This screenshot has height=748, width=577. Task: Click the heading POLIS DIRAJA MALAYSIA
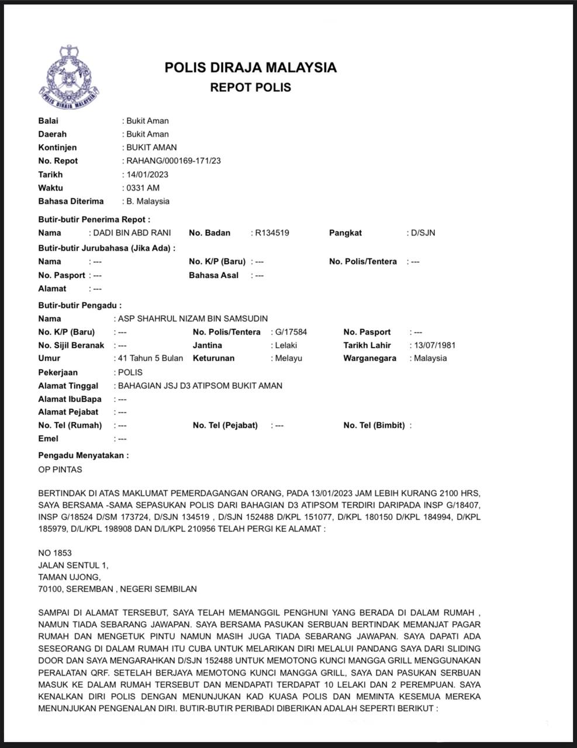click(250, 67)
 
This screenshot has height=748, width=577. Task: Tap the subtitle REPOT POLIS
click(250, 88)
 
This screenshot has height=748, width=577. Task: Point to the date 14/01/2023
click(147, 174)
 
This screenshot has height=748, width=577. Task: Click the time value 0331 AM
click(143, 188)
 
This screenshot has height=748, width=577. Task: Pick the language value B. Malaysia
click(148, 201)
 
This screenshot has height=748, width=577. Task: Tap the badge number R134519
click(272, 233)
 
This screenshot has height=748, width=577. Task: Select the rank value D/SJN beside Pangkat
click(423, 233)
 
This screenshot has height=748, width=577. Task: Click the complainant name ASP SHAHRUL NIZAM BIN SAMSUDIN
click(193, 318)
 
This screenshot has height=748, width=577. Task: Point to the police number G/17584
click(291, 332)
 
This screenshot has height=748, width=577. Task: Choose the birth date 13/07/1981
click(434, 345)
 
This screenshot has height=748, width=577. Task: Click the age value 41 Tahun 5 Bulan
click(150, 358)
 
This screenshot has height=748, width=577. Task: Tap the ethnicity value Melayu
click(289, 358)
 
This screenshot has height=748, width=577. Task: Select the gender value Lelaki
click(286, 345)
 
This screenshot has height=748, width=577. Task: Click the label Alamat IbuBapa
click(70, 399)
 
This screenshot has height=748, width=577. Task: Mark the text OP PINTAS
click(60, 469)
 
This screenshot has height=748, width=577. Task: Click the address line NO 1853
click(55, 553)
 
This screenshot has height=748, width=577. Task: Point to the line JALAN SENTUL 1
click(73, 565)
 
